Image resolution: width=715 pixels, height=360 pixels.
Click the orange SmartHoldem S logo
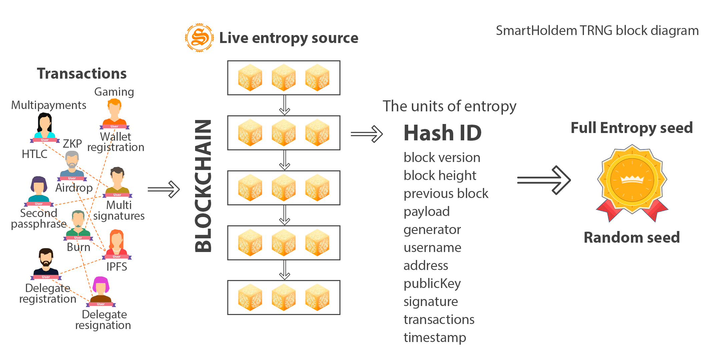(x=199, y=37)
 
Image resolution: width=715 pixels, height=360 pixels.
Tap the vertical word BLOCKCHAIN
(x=203, y=186)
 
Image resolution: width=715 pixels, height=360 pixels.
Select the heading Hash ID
(x=443, y=133)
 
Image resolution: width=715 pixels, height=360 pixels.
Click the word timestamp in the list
(x=435, y=338)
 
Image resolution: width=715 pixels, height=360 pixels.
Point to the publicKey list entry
(x=432, y=284)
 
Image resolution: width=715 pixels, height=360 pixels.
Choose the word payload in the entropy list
(x=427, y=212)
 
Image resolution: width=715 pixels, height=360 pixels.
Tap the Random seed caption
(x=632, y=238)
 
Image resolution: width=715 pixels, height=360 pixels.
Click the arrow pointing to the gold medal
(x=544, y=180)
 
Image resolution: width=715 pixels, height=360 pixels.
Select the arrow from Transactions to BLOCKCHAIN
(x=164, y=189)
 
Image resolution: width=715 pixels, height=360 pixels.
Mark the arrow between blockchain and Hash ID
(x=367, y=134)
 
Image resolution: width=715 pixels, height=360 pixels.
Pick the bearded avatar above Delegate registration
(x=46, y=263)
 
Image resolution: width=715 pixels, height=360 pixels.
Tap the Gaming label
(x=114, y=92)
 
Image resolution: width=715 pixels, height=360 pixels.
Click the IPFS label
(x=117, y=267)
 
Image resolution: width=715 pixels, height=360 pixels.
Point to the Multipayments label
(x=49, y=105)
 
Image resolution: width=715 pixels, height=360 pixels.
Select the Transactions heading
(x=82, y=74)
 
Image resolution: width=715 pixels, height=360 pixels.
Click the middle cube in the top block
(x=284, y=78)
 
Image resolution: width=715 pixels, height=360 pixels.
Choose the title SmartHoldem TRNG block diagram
(x=597, y=31)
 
